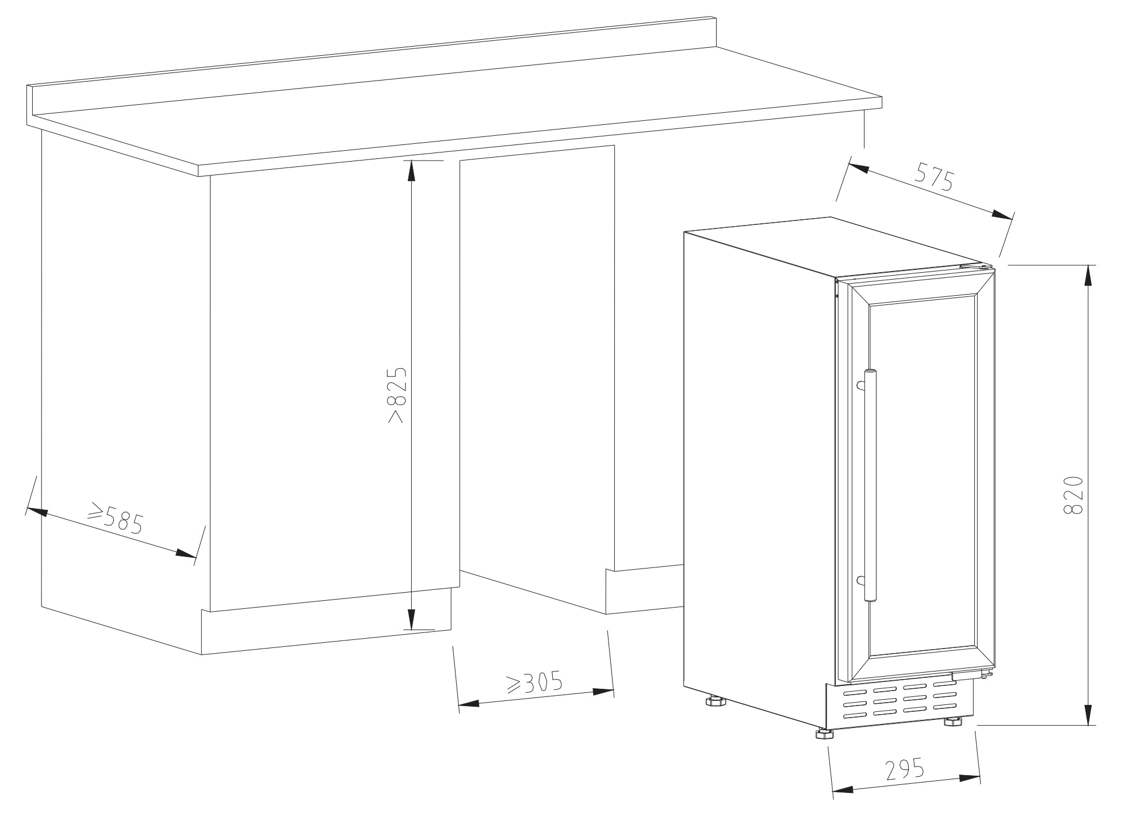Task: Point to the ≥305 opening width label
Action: [x=533, y=682]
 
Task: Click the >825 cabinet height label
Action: [x=397, y=395]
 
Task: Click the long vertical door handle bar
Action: [x=869, y=486]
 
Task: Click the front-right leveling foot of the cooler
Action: [x=952, y=721]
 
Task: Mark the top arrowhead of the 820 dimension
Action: [x=1088, y=274]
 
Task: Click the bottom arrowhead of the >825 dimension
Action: [x=411, y=619]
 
